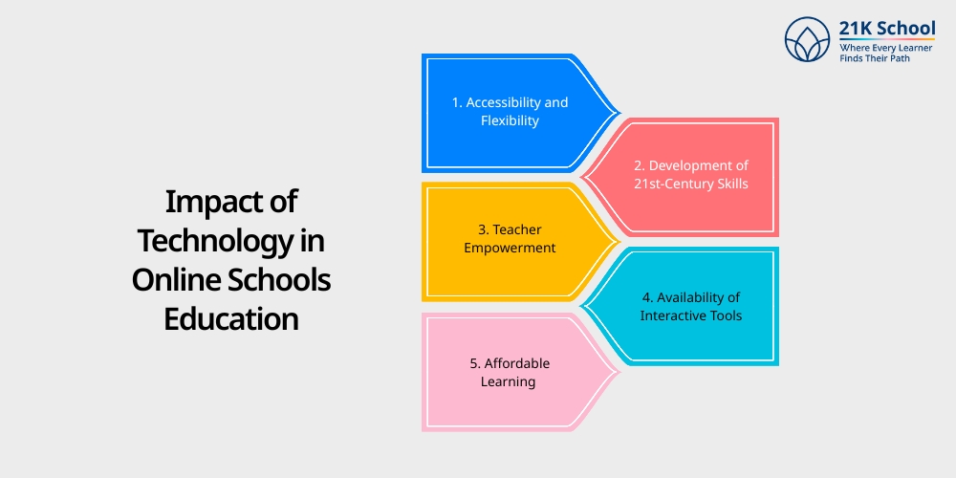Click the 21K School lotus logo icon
coord(808,39)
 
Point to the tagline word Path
coord(922,58)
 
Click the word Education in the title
coord(231,318)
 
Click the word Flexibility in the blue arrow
coord(511,121)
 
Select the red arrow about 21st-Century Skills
coord(688,177)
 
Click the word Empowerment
coord(511,249)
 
